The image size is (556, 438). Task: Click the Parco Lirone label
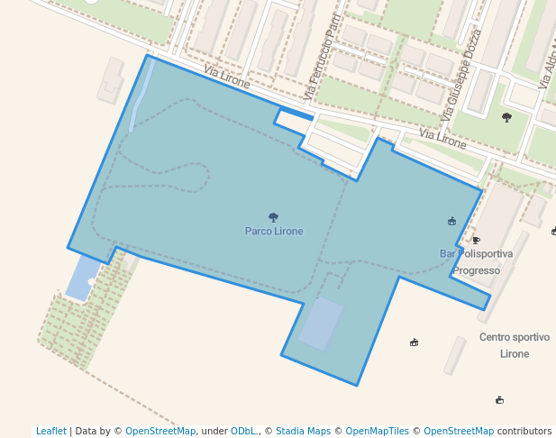tap(274, 231)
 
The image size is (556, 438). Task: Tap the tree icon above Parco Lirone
tap(274, 217)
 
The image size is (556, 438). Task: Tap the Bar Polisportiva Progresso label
tap(476, 261)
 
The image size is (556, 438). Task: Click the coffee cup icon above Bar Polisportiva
tap(476, 240)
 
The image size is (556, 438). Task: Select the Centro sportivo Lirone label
tap(514, 345)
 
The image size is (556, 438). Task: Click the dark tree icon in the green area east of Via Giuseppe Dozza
tap(507, 117)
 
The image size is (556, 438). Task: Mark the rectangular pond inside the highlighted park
tap(322, 324)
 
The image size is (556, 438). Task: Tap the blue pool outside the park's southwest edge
tap(82, 278)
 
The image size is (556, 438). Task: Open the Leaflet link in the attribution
tap(51, 431)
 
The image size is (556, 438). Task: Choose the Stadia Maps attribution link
tap(303, 431)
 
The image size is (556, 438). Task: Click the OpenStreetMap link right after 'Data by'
tap(160, 431)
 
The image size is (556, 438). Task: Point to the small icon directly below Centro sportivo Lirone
tap(500, 399)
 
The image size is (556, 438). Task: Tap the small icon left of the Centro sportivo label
tap(414, 342)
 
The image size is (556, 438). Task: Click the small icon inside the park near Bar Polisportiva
tap(451, 221)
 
